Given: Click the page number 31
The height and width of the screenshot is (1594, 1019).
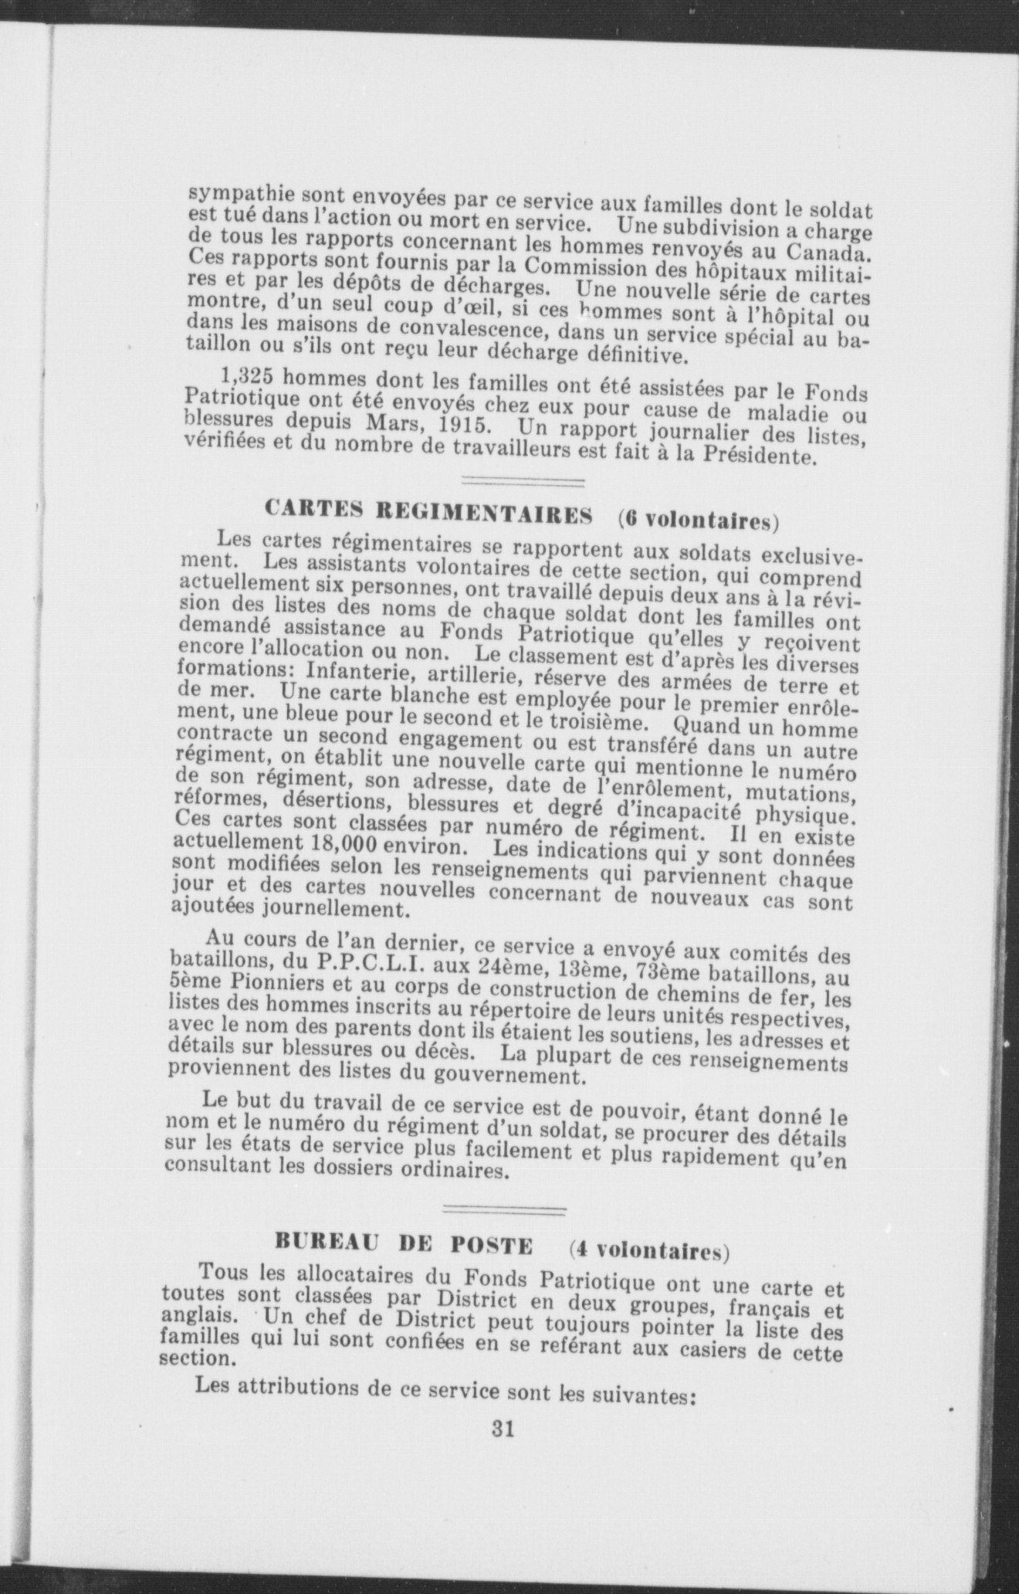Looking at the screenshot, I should point(503,1428).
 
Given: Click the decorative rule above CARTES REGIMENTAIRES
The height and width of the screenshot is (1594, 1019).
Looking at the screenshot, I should point(522,483).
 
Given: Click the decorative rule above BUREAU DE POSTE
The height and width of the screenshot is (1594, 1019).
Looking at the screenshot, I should point(507,1208).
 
